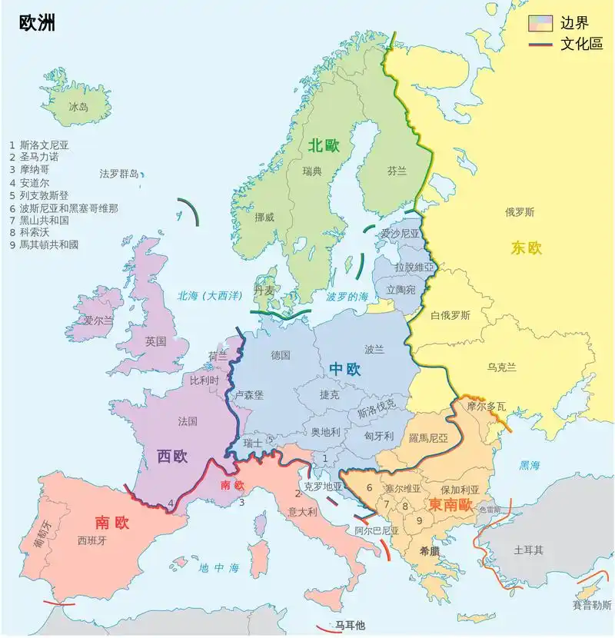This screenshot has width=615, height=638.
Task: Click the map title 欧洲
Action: [36, 24]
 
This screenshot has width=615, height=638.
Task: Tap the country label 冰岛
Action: [78, 107]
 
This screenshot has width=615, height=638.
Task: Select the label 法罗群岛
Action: [119, 174]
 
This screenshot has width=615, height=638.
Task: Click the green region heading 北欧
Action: [324, 146]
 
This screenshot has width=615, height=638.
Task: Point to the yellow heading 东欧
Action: [527, 248]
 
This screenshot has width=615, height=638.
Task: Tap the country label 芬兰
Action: [397, 171]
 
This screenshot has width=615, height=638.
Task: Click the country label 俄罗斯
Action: [520, 212]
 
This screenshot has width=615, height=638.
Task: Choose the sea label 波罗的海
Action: [347, 296]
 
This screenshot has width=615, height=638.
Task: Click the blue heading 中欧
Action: [345, 369]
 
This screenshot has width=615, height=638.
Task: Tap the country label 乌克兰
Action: [501, 367]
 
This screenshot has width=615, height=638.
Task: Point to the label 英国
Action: [155, 341]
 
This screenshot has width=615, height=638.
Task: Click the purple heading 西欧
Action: [172, 457]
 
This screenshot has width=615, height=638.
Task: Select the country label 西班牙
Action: [92, 540]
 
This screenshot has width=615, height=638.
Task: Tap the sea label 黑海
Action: [530, 465]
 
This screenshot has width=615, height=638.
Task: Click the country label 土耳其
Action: [529, 550]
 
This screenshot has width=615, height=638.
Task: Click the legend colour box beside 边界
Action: [540, 23]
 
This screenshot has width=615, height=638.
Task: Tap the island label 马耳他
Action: [350, 625]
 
